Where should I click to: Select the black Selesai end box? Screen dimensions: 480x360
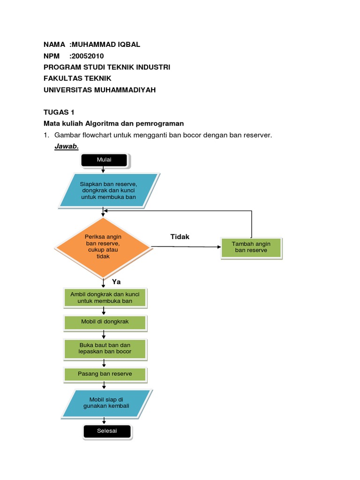[x=107, y=431]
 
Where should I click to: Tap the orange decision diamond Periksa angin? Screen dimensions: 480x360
[x=103, y=247]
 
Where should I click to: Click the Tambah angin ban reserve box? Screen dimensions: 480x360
[x=251, y=247]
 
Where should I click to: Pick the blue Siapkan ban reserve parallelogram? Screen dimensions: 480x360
[x=109, y=190]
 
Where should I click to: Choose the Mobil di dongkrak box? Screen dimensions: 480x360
[x=105, y=322]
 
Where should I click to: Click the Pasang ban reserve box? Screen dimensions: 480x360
[x=105, y=374]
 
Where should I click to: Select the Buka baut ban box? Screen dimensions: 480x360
[x=105, y=348]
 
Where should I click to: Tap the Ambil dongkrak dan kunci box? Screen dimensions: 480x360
[x=105, y=298]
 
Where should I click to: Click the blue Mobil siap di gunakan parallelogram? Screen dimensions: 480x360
[x=106, y=403]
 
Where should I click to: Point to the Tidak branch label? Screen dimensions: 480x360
[x=180, y=237]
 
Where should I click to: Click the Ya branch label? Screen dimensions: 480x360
[x=116, y=282]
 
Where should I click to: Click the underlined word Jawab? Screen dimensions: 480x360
[x=67, y=147]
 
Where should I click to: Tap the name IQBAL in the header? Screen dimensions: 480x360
[x=127, y=45]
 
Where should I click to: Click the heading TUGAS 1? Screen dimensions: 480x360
[x=59, y=112]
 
